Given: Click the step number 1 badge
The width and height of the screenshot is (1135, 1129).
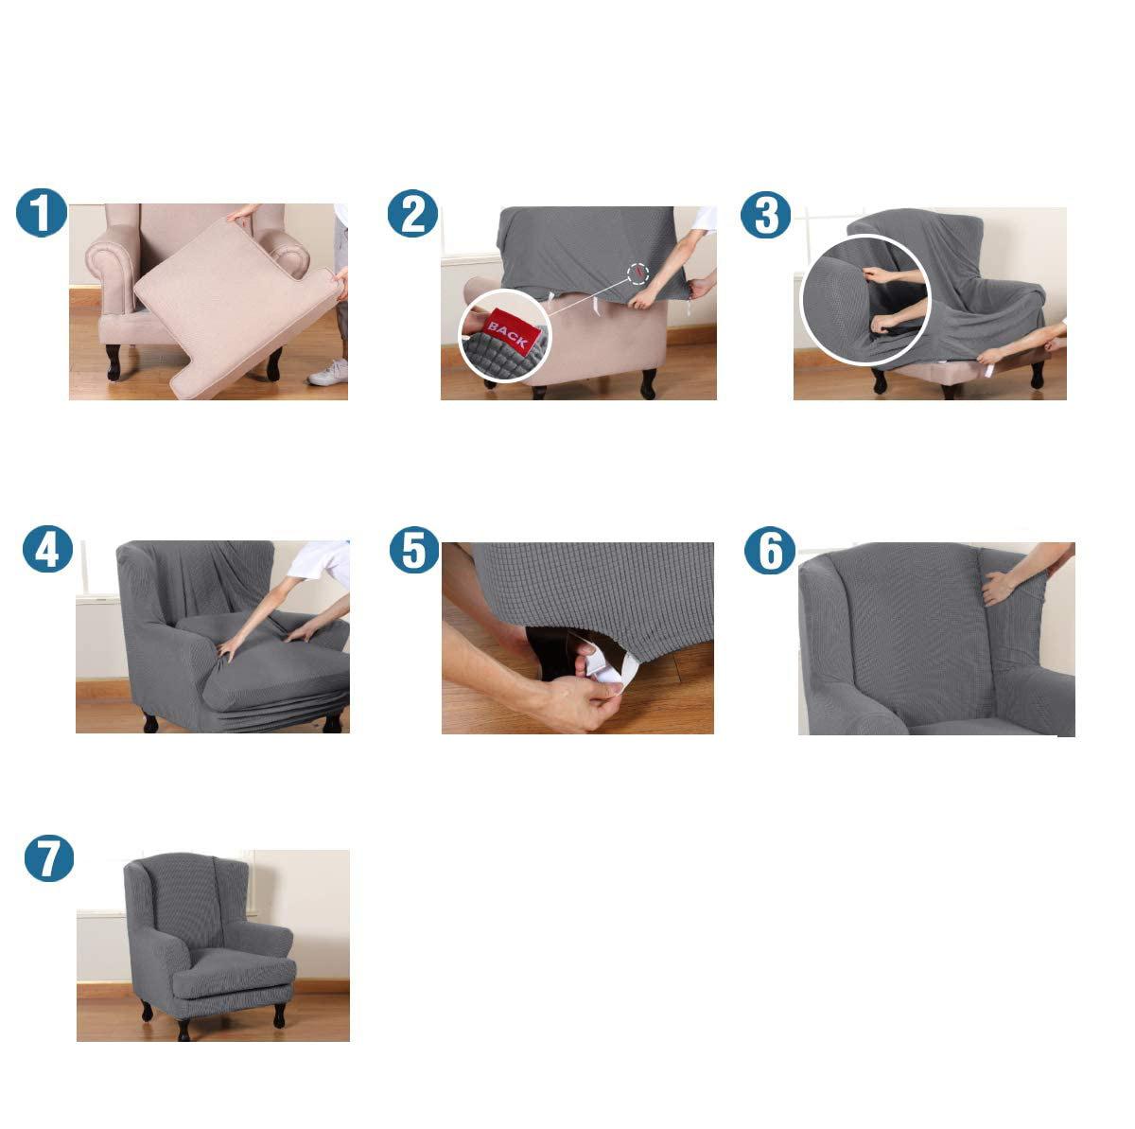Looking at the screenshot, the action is (42, 212).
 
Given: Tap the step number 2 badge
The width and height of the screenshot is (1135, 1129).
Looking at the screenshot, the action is (412, 214).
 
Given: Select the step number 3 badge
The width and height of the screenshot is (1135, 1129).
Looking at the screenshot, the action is (765, 215).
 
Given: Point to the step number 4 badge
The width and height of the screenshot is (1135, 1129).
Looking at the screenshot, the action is (47, 549).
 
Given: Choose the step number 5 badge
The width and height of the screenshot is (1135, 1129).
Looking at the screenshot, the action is (414, 550).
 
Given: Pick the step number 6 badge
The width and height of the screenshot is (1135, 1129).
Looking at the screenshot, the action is (770, 550).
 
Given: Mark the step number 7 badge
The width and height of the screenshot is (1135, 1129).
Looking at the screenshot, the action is (49, 857).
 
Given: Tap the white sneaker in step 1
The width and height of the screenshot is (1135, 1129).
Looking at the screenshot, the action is (327, 373).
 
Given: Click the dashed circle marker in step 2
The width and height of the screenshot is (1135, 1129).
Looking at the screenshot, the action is (637, 273).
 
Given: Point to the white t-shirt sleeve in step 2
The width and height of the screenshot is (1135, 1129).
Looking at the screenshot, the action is (704, 220).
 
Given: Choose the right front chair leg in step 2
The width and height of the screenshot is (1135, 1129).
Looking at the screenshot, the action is (648, 382).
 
